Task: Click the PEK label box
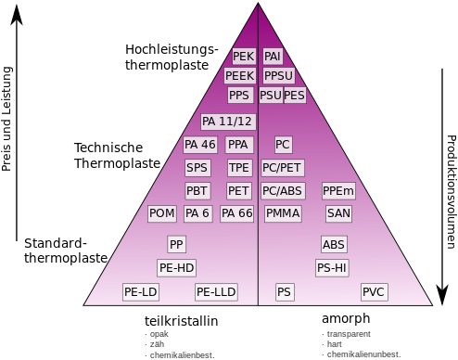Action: click(x=244, y=57)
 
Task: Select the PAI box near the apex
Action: click(x=273, y=57)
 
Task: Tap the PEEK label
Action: click(x=239, y=76)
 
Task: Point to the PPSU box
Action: click(x=279, y=76)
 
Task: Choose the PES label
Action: click(x=295, y=96)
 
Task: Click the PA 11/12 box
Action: click(x=227, y=122)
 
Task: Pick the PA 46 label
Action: click(x=200, y=145)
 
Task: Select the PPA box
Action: click(x=239, y=145)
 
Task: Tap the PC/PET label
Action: click(x=282, y=168)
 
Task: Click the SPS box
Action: click(x=197, y=168)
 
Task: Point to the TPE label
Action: click(x=239, y=168)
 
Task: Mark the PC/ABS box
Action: click(x=283, y=191)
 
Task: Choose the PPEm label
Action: click(x=338, y=191)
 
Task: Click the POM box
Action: click(x=162, y=213)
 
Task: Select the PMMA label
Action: click(x=283, y=213)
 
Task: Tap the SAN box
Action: click(x=338, y=213)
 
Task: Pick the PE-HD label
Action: click(x=176, y=268)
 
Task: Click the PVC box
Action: click(x=374, y=292)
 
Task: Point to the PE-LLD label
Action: click(x=216, y=292)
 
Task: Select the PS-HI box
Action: click(x=332, y=268)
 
